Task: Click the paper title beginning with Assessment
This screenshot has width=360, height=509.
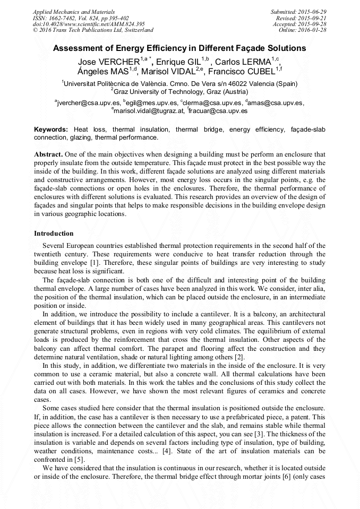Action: (x=179, y=48)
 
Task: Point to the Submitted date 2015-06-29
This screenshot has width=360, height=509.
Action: (x=307, y=11)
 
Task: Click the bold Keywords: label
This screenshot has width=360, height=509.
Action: (x=51, y=130)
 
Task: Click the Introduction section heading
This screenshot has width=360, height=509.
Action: (x=54, y=233)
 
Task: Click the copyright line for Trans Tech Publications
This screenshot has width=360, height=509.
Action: (x=93, y=30)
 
